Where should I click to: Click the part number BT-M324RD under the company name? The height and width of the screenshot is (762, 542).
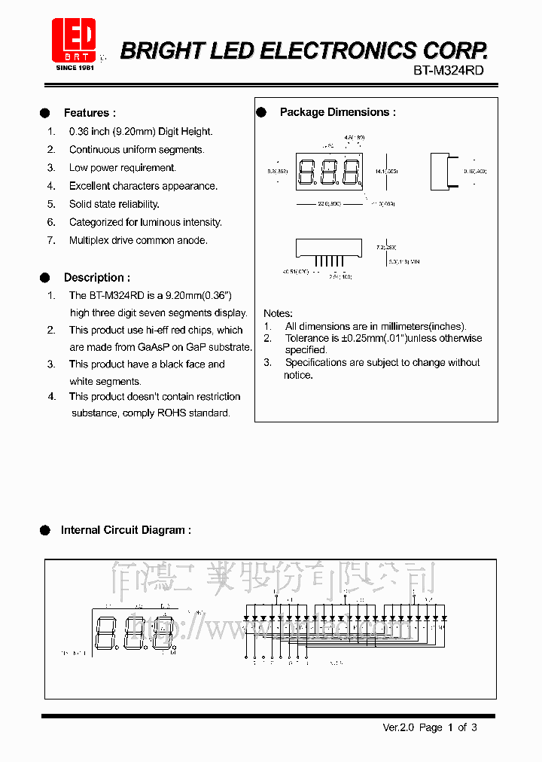(449, 70)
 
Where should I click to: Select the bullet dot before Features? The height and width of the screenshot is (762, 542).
(45, 113)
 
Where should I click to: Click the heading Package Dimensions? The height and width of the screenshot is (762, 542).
(337, 112)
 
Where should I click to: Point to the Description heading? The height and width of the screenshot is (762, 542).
(96, 277)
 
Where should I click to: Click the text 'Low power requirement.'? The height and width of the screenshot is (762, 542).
(123, 168)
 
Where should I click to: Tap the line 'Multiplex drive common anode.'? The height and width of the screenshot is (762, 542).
(138, 240)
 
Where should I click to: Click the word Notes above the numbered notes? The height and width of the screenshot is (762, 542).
(278, 313)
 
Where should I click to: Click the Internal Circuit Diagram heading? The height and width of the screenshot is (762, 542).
(126, 530)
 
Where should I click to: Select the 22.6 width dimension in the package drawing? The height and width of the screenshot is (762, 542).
(329, 203)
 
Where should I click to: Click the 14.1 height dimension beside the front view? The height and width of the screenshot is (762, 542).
(391, 171)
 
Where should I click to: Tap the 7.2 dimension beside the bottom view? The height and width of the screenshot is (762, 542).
(385, 247)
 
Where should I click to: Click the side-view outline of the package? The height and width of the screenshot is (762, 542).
(441, 171)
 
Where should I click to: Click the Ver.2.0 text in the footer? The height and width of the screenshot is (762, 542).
(398, 727)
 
